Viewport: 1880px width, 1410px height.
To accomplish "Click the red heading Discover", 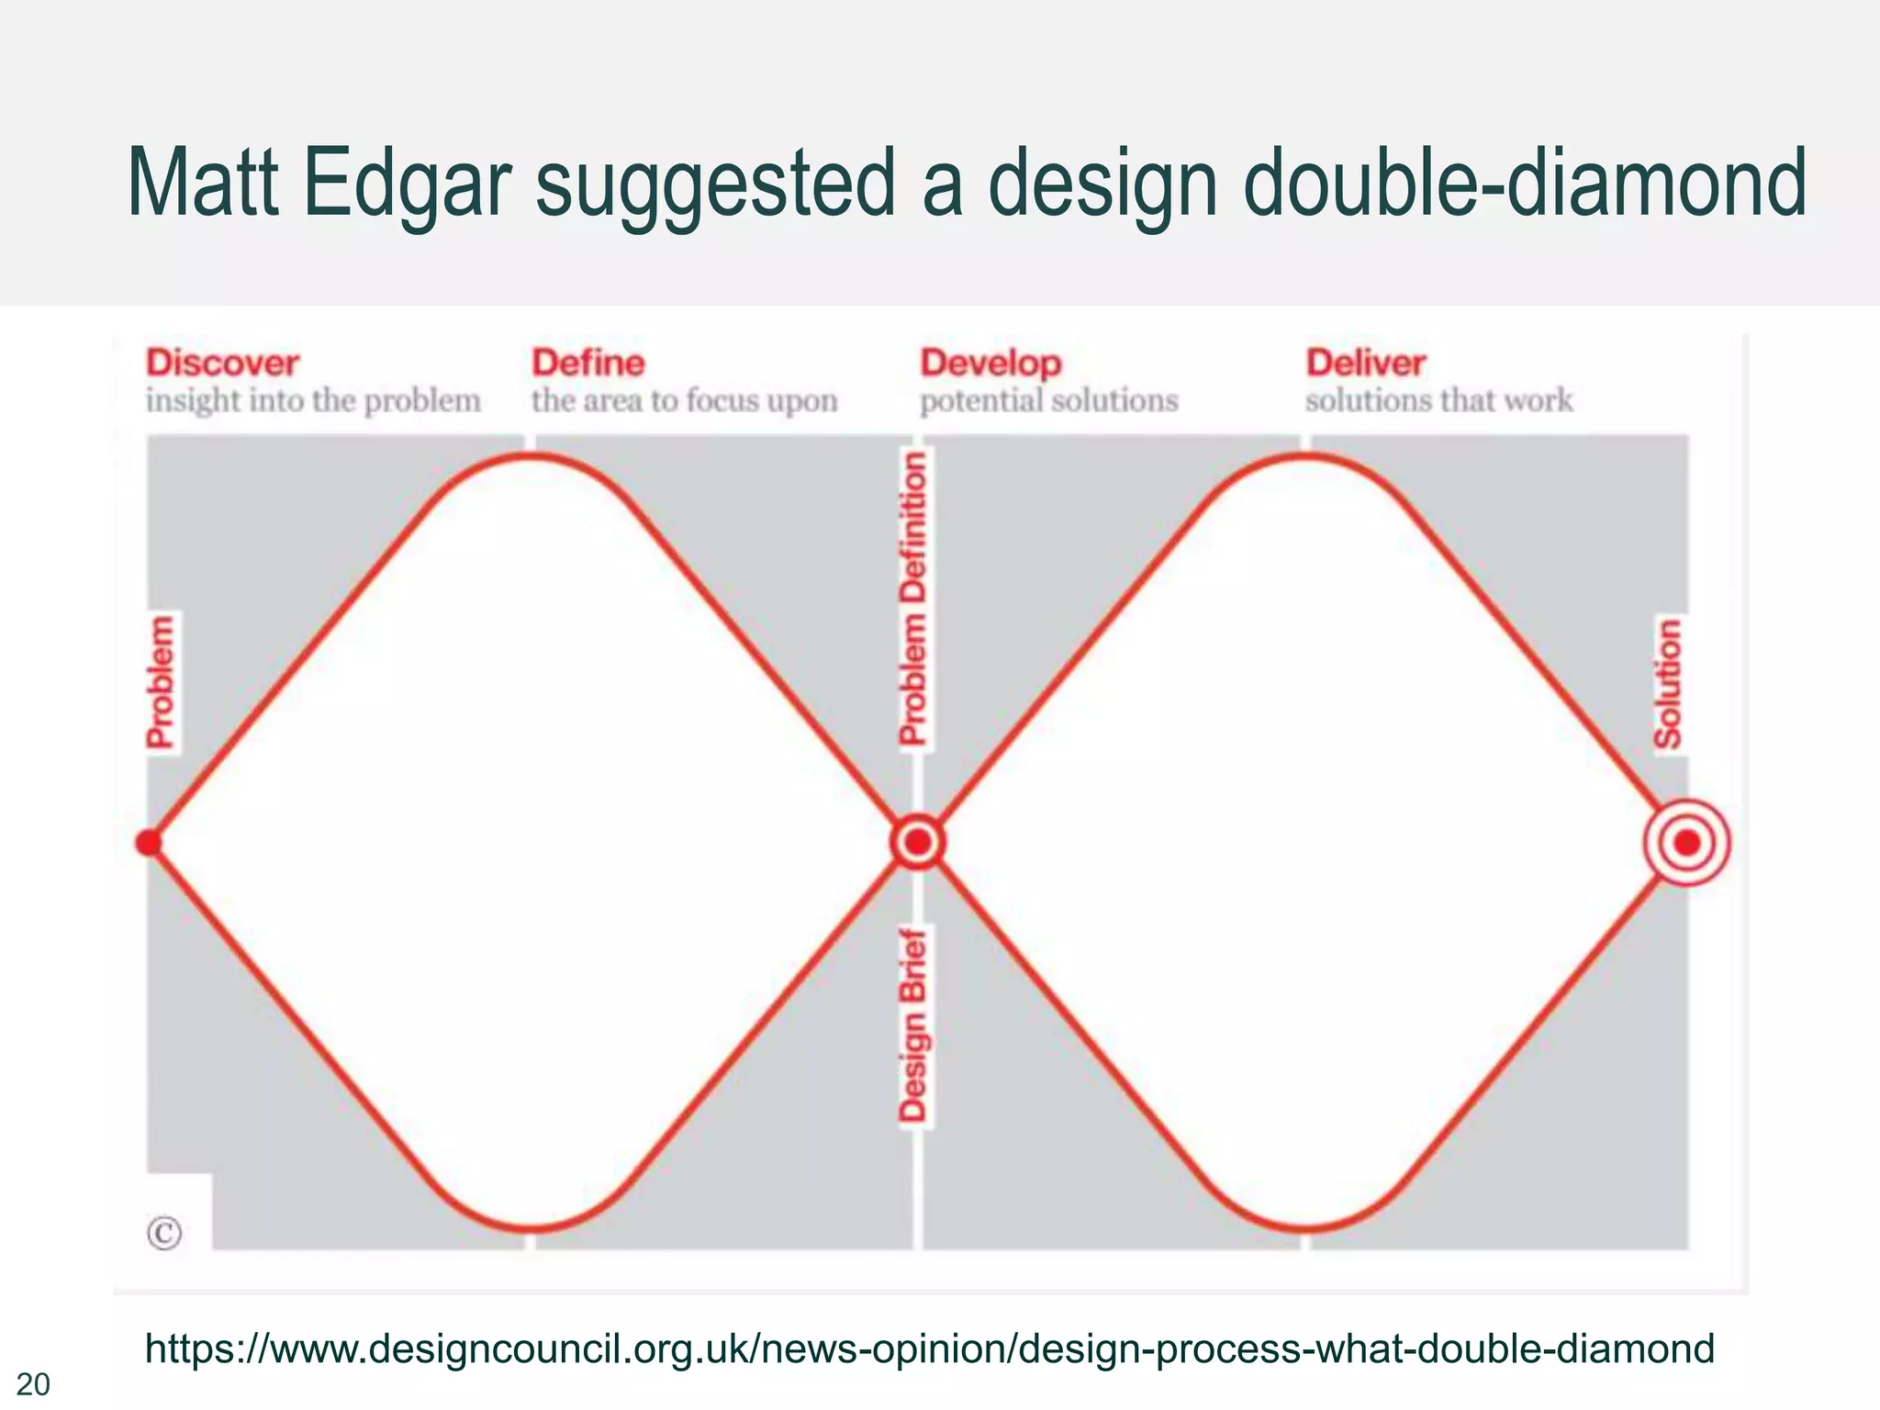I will (x=222, y=364).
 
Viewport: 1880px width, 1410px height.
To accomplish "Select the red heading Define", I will (x=588, y=364).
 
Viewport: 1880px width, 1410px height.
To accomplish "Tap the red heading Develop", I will (x=990, y=364).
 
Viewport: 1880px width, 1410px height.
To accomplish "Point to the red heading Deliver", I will (x=1365, y=364).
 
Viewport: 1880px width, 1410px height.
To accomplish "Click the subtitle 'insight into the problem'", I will (x=313, y=401).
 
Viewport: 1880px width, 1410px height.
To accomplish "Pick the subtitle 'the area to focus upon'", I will (x=684, y=401).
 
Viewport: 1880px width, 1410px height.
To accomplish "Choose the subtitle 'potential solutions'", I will (x=1048, y=401).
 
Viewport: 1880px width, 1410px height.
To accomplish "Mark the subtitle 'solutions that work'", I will (x=1438, y=401).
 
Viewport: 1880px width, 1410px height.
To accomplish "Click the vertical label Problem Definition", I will (x=913, y=598).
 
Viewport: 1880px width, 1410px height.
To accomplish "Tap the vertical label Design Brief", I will (x=913, y=1025).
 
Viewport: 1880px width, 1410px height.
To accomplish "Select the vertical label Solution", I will (x=1667, y=684).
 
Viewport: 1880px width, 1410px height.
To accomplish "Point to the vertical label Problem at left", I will (x=161, y=682).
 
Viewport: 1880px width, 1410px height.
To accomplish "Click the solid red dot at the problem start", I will (x=149, y=843).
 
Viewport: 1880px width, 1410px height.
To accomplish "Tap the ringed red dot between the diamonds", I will (x=917, y=842).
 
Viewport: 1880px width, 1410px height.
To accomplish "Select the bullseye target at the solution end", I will (x=1686, y=843).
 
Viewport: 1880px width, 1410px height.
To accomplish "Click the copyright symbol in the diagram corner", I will (x=164, y=1233).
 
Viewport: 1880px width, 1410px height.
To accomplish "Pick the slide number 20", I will (x=33, y=1384).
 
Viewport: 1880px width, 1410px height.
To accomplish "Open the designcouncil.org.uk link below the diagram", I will (x=929, y=1349).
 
